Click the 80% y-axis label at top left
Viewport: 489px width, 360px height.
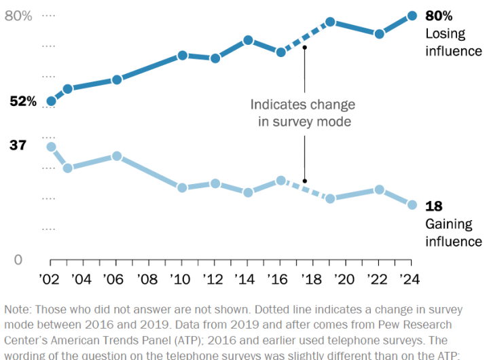[x=18, y=16]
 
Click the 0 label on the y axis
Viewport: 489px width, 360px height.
[x=18, y=260]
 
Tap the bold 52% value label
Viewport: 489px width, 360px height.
[x=23, y=101]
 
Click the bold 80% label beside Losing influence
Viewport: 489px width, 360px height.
[x=439, y=16]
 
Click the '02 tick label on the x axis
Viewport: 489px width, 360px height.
[x=50, y=278]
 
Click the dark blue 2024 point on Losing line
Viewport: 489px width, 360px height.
[x=412, y=16]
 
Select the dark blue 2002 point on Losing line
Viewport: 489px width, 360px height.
[x=51, y=101]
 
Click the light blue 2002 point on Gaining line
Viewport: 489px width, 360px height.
[x=51, y=147]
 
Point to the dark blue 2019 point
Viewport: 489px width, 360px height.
[x=330, y=22]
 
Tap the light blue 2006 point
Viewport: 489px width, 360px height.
[x=117, y=156]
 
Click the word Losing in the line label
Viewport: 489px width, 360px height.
[x=445, y=34]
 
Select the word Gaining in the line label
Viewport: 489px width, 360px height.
[x=449, y=224]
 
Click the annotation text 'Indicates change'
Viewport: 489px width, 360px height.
[x=302, y=105]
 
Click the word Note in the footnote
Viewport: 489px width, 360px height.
[x=18, y=309]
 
